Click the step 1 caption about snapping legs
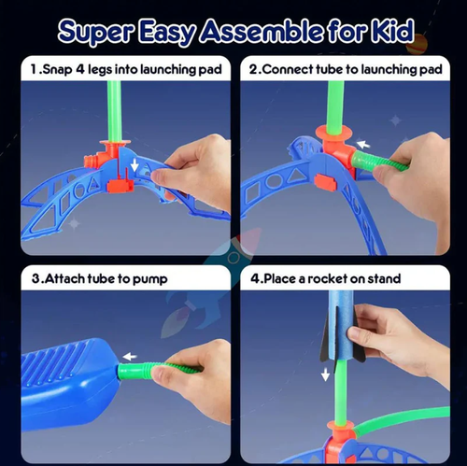click(125, 68)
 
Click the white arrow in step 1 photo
click(136, 166)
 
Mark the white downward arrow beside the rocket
click(326, 374)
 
